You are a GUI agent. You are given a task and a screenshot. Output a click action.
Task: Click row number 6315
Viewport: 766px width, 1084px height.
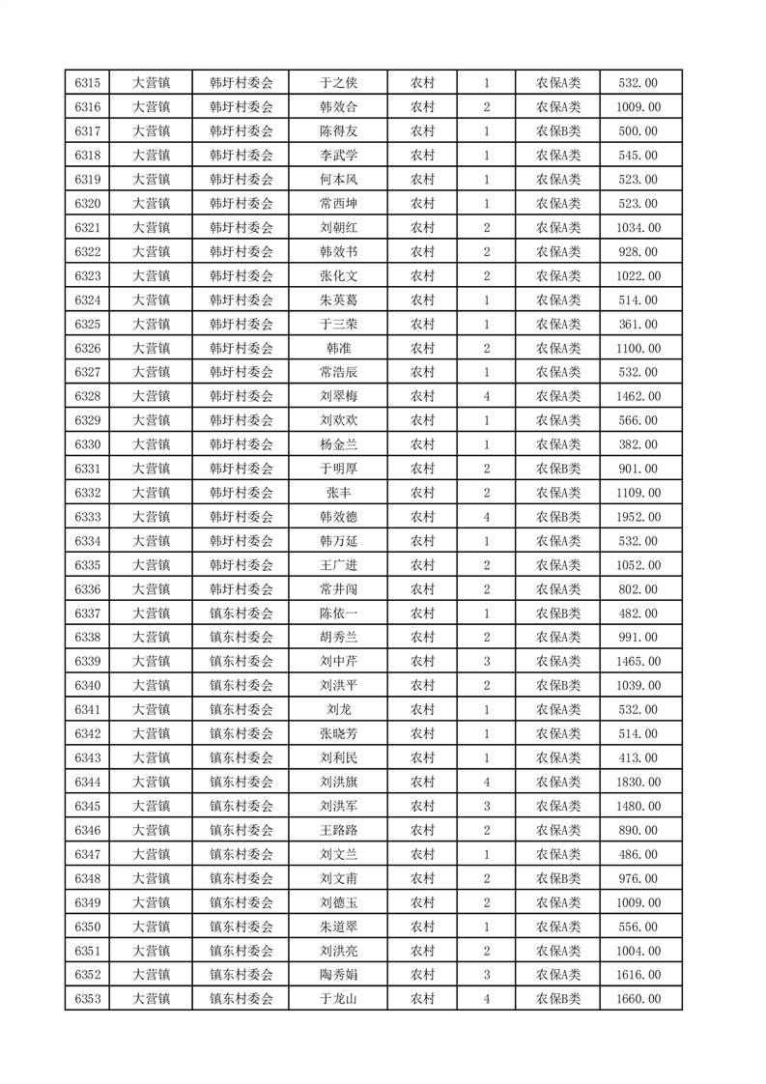(88, 83)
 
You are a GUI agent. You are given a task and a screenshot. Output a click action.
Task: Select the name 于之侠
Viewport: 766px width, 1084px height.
(338, 83)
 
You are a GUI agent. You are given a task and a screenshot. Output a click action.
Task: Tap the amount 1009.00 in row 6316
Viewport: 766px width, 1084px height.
(638, 107)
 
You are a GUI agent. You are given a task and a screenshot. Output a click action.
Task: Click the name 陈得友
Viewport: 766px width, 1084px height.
(338, 131)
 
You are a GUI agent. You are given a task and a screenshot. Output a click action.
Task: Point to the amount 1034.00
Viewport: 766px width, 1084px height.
(638, 228)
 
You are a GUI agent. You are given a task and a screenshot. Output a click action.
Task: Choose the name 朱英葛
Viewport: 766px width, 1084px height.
(338, 300)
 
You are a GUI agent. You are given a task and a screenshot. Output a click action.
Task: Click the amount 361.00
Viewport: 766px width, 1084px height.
(638, 325)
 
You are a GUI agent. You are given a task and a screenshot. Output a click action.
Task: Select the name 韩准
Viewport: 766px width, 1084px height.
(338, 349)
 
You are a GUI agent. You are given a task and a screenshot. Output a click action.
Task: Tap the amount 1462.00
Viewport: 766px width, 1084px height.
(638, 396)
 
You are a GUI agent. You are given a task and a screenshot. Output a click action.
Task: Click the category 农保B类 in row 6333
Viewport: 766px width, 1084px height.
(558, 517)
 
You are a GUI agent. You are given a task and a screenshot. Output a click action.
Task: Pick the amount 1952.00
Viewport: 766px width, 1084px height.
(638, 517)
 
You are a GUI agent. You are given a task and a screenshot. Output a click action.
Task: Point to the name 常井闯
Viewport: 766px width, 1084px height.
(338, 589)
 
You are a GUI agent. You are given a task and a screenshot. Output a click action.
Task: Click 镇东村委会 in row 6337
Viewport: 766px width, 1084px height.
(241, 613)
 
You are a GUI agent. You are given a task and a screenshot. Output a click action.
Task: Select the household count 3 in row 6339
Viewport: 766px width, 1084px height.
(486, 662)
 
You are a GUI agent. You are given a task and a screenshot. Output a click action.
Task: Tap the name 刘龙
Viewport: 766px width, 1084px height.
(338, 710)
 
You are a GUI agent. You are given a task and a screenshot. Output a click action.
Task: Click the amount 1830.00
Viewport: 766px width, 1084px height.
(638, 783)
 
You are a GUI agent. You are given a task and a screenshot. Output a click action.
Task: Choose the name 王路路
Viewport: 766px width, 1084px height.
(338, 830)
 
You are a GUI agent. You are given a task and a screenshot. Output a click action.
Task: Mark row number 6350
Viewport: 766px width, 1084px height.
(88, 927)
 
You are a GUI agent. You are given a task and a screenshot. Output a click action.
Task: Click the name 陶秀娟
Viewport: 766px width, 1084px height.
(338, 975)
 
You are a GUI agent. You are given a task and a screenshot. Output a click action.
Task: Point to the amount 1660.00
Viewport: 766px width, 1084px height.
(638, 999)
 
